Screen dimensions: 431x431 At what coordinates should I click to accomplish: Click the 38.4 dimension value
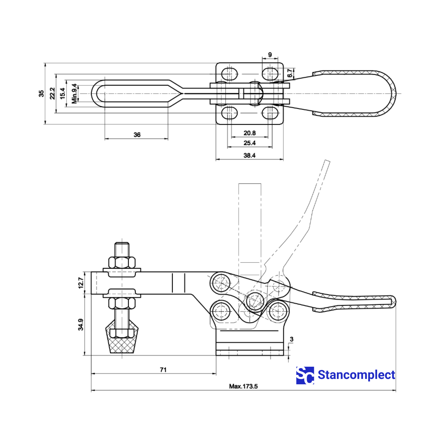coord(249,156)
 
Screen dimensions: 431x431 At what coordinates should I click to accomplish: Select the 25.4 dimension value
coord(249,143)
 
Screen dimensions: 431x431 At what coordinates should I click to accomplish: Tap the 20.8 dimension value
coord(249,133)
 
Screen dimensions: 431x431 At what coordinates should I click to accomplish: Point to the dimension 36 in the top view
coord(137,135)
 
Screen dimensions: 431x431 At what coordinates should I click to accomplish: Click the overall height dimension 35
coord(42,93)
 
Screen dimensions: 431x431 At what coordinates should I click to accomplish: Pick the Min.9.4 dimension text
coord(74,93)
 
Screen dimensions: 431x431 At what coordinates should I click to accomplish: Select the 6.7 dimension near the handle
coord(290,73)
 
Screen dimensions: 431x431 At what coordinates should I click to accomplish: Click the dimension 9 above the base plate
coord(270,55)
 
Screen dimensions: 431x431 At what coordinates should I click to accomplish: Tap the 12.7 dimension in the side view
coord(81,283)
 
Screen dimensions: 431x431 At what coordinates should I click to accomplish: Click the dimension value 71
coord(163,370)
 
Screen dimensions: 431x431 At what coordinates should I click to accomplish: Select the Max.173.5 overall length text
coord(244,386)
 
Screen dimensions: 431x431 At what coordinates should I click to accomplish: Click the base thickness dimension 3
coord(292,339)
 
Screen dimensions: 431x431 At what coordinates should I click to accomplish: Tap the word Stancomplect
coord(356,375)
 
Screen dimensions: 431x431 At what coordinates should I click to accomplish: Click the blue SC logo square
coord(305,375)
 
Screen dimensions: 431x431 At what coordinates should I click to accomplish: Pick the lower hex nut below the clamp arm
coord(122,303)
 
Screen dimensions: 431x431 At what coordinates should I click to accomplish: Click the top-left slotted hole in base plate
coord(230,74)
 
